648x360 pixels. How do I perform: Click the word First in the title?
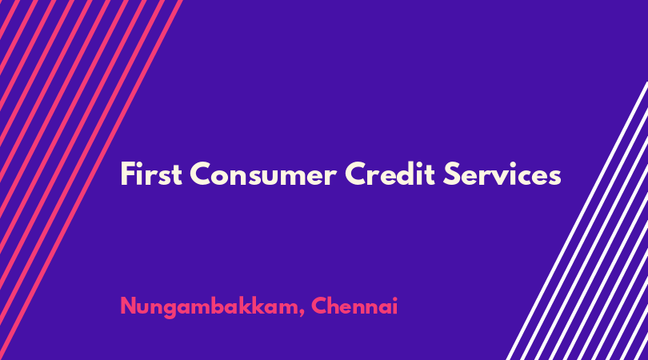[x=151, y=174]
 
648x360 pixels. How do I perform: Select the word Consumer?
[x=263, y=174]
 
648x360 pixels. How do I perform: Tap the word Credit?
[x=390, y=174]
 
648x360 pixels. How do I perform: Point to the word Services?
[x=502, y=174]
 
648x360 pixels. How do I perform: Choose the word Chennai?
[x=354, y=306]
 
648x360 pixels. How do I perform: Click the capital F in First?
[x=127, y=174]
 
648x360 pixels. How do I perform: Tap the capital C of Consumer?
[x=201, y=174]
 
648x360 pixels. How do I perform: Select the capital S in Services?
[x=451, y=174]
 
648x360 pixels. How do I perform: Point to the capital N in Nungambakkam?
[x=129, y=306]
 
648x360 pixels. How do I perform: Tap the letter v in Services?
[x=506, y=178]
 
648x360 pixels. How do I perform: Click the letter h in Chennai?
[x=333, y=306]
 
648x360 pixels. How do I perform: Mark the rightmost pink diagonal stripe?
[x=91, y=180]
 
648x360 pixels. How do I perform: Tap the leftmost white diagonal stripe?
[x=578, y=221]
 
